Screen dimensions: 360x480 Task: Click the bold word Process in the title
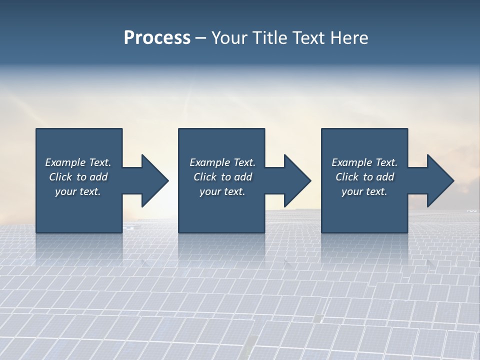tap(157, 38)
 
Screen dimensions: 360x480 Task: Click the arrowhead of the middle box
tap(296, 181)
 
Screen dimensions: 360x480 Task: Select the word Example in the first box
tap(65, 162)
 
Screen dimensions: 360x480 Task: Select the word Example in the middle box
tap(209, 162)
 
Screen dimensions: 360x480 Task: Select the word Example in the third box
tap(351, 162)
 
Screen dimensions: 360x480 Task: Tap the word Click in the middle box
tap(205, 177)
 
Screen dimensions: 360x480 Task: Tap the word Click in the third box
tap(347, 177)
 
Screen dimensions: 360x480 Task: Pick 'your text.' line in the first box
tap(78, 191)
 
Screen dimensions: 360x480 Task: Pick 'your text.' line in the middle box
tap(222, 191)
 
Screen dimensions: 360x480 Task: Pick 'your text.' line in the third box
tap(364, 191)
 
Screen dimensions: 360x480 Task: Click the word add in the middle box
tap(243, 177)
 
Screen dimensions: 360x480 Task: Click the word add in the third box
tap(385, 177)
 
